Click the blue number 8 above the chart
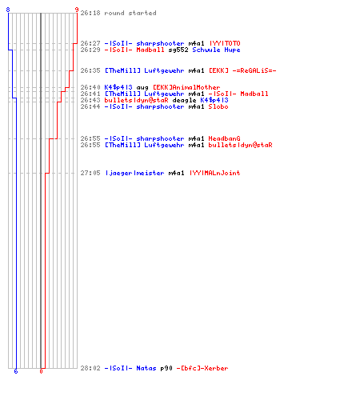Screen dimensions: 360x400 [8, 10]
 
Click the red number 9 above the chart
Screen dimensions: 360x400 [77, 10]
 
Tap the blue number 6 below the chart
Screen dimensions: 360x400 [16, 371]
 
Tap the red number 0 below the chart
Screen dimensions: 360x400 [41, 371]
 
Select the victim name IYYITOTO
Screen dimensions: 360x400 [225, 43]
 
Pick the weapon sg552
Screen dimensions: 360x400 [178, 50]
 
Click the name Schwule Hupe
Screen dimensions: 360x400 [216, 50]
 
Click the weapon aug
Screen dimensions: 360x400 [142, 87]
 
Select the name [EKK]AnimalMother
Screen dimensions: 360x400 [186, 87]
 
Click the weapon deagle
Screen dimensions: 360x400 [184, 100]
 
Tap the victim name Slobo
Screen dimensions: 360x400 [218, 106]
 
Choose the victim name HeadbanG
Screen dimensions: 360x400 [224, 138]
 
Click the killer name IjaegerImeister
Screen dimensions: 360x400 [134, 173]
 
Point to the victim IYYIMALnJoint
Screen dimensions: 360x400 [214, 173]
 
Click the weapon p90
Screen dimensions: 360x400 [166, 369]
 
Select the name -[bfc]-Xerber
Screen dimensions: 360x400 [202, 368]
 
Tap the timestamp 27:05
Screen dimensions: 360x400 [90, 173]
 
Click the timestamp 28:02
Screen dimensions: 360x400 [90, 368]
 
